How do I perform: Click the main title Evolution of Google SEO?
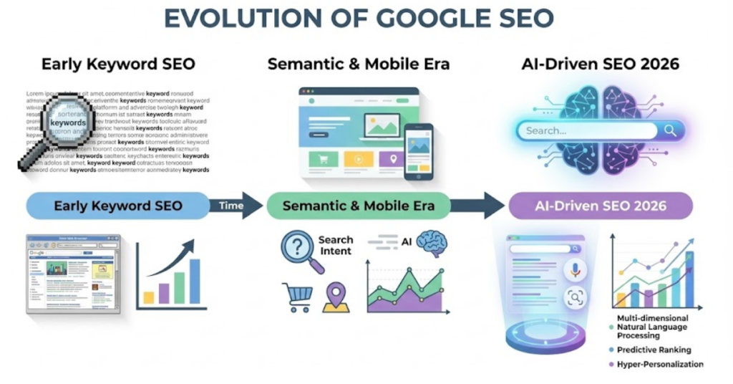pyautogui.click(x=366, y=19)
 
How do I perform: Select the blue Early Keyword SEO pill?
pyautogui.click(x=118, y=206)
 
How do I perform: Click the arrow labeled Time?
pyautogui.click(x=236, y=206)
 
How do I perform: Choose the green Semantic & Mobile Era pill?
pyautogui.click(x=358, y=206)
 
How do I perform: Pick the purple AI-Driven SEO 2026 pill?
pyautogui.click(x=600, y=206)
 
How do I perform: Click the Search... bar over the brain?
pyautogui.click(x=600, y=130)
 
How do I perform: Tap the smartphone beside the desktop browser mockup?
pyautogui.click(x=418, y=151)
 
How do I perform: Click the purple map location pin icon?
pyautogui.click(x=335, y=296)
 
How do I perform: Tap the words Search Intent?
pyautogui.click(x=336, y=245)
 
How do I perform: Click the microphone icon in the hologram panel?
pyautogui.click(x=574, y=269)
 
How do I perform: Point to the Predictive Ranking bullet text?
pyautogui.click(x=655, y=350)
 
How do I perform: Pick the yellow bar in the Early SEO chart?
pyautogui.click(x=149, y=297)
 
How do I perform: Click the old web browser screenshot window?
pyautogui.click(x=73, y=274)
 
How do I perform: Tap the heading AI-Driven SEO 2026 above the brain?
pyautogui.click(x=600, y=65)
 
